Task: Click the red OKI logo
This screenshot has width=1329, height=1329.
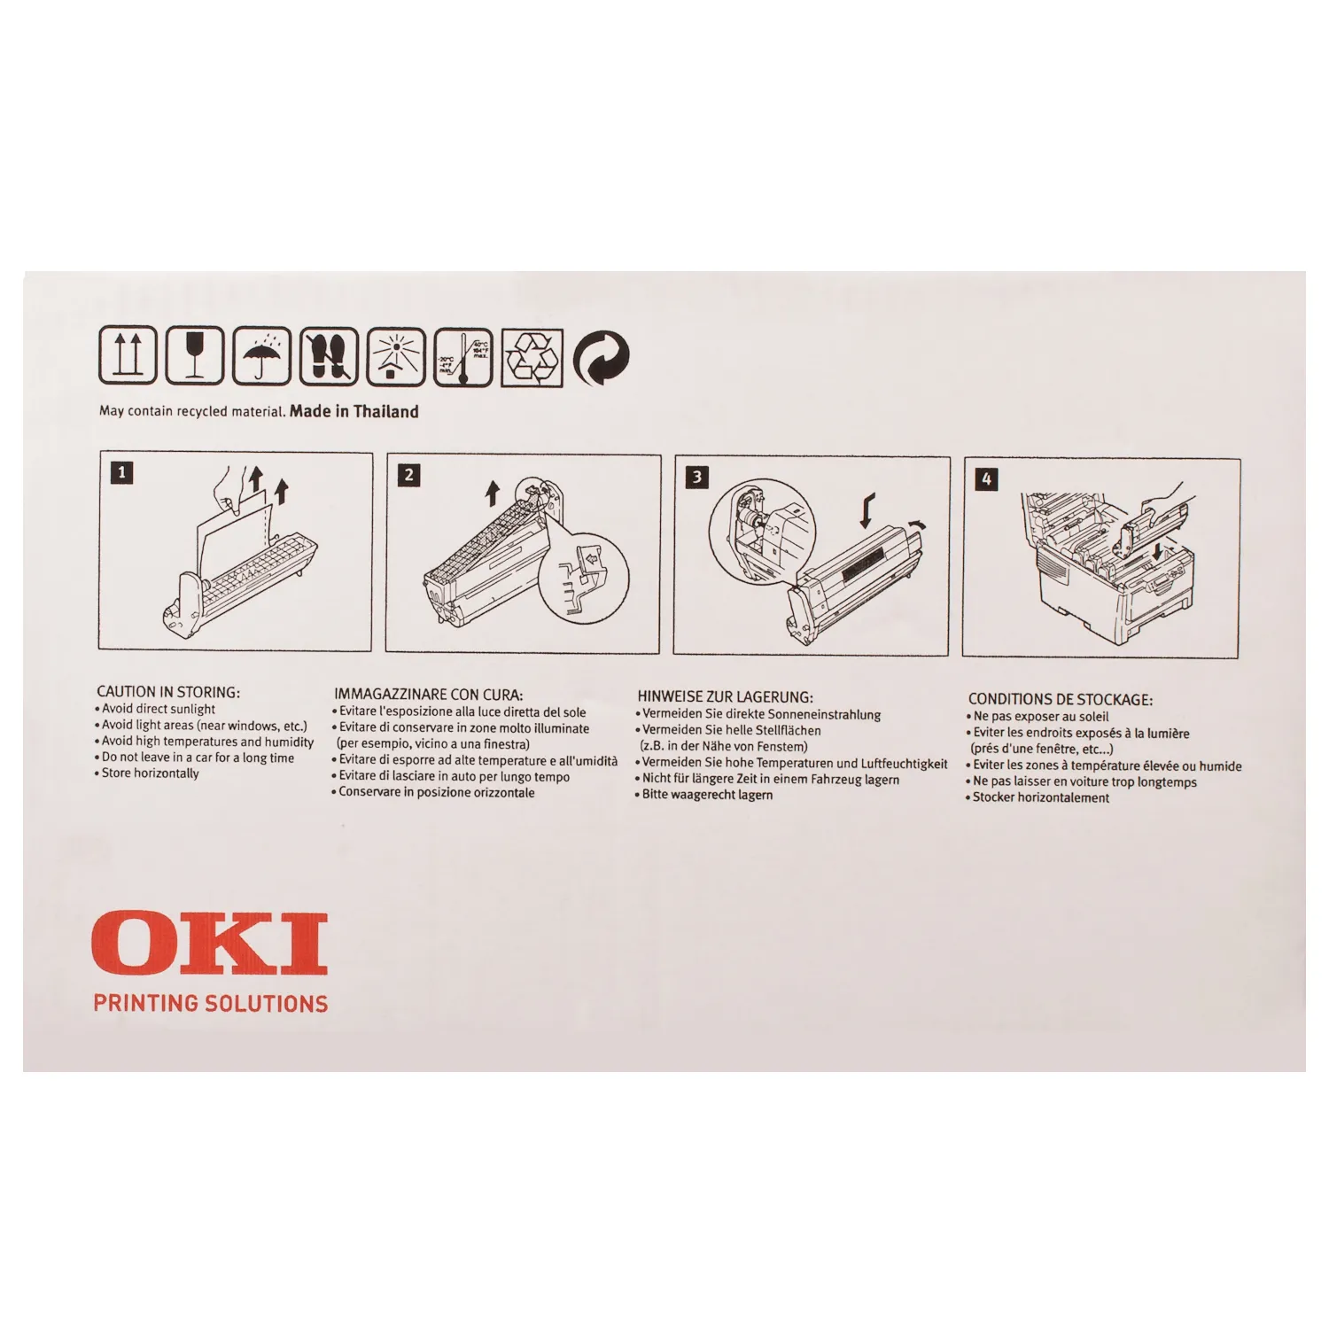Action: point(210,944)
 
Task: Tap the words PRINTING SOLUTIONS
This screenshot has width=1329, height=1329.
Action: point(211,1003)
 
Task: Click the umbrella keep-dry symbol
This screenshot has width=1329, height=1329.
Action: point(261,355)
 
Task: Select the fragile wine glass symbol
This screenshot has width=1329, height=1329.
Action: point(195,355)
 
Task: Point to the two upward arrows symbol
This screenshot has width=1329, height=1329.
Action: point(128,354)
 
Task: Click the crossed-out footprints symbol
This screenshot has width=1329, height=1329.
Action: point(329,356)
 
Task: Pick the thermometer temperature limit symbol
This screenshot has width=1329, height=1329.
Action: point(462,357)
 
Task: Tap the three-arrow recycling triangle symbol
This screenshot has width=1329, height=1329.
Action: point(532,358)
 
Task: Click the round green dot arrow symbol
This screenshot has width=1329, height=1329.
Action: point(602,359)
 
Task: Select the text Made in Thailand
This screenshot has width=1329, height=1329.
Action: point(354,411)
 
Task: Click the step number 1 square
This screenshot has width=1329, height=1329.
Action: point(122,472)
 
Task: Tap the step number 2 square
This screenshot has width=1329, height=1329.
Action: point(408,475)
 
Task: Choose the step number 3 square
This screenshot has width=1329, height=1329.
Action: point(697,478)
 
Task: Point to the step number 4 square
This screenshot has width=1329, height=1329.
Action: point(986,479)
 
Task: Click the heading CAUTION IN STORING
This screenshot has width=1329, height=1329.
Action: point(168,692)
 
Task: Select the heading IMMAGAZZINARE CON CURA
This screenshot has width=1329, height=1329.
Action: point(429,695)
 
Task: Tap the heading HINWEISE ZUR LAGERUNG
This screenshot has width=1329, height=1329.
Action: point(725,697)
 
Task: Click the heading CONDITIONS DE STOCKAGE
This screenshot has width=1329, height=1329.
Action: point(1061,699)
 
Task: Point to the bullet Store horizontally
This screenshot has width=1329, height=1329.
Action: point(147,773)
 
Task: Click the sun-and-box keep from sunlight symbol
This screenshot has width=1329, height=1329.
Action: point(395,356)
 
